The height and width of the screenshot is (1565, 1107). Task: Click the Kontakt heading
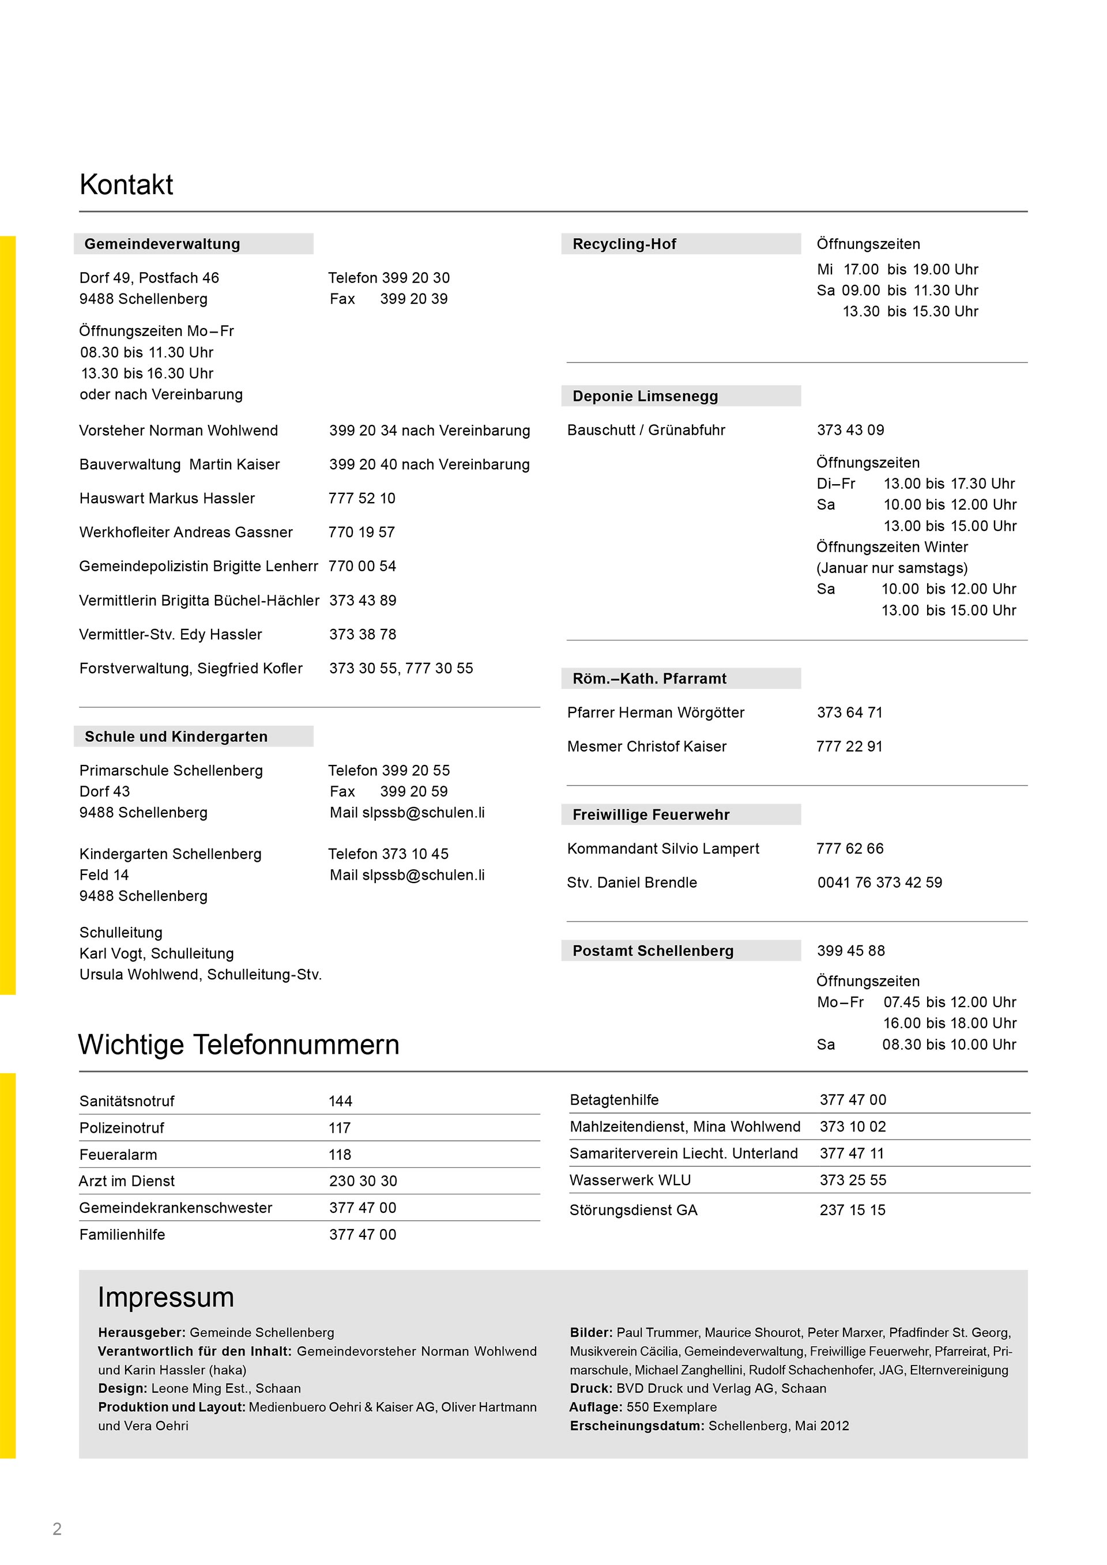126,184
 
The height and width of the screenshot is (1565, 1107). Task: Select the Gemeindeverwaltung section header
162,244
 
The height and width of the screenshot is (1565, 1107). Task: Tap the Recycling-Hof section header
624,244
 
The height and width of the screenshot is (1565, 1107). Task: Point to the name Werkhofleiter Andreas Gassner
186,533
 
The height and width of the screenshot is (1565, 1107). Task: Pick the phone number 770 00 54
362,567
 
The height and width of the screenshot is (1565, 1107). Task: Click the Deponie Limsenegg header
645,396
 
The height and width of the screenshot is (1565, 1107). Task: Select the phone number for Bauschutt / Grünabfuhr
850,430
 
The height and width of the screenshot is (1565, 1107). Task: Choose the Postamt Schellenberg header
652,951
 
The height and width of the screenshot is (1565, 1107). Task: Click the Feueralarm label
118,1155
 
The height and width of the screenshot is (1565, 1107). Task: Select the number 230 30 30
363,1181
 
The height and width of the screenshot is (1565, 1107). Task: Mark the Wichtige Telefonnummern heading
239,1045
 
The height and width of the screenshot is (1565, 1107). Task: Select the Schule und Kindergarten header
176,737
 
